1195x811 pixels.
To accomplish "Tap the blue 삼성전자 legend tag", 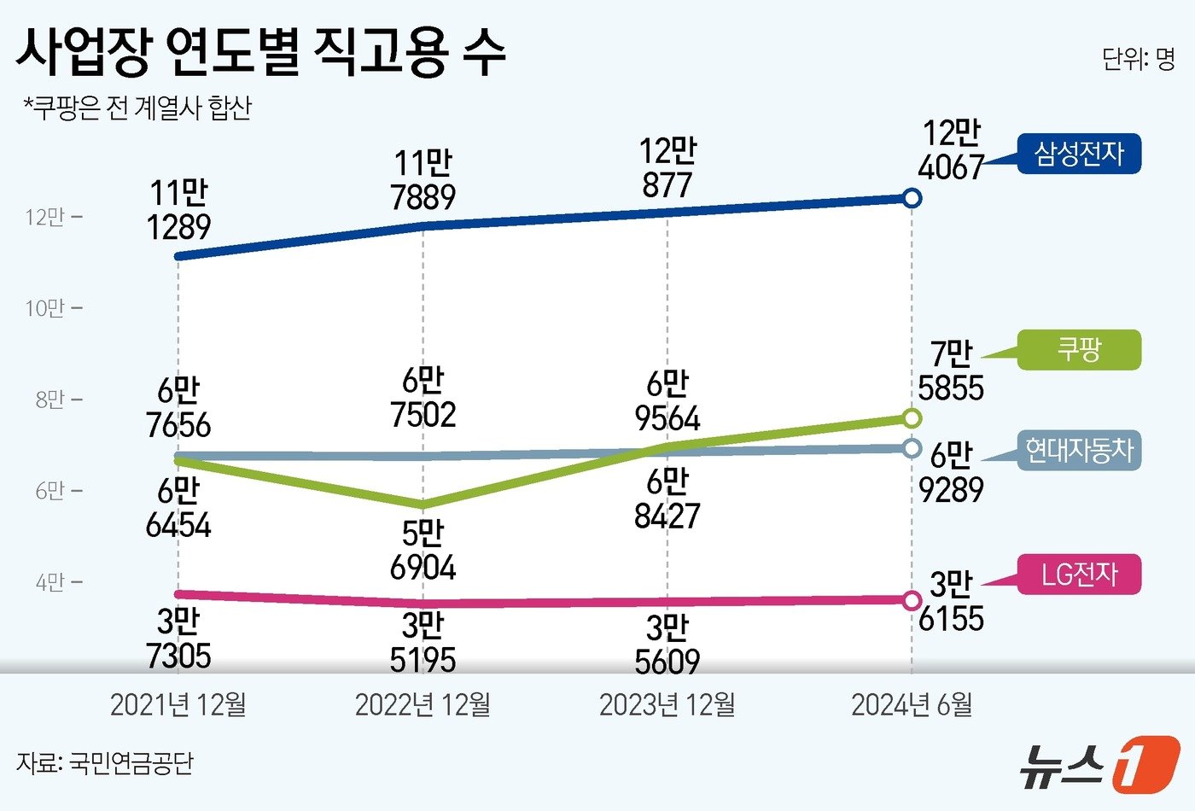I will pos(1079,154).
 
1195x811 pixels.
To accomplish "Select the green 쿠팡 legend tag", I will pos(1079,349).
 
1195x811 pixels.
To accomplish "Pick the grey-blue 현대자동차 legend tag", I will pos(1079,450).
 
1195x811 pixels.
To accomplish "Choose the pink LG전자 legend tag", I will pos(1079,575).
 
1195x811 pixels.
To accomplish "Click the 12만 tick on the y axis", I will pos(53,217).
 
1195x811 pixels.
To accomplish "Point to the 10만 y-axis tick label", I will pos(53,308).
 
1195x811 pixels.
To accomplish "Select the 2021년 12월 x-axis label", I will pos(178,705).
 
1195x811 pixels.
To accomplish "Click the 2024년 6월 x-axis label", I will pos(912,705).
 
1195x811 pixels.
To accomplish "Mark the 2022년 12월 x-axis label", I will pos(423,705).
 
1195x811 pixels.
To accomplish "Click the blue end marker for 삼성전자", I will pos(912,199).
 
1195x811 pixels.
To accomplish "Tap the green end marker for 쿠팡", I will pos(912,418).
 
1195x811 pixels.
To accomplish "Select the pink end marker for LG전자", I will pos(912,601).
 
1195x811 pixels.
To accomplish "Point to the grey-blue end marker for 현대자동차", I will pos(912,448).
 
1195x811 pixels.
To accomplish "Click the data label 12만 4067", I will pos(952,150).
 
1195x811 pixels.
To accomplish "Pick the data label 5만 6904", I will pos(423,551).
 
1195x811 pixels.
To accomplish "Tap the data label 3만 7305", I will pos(178,639).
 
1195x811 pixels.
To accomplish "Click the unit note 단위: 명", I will pos(1138,59).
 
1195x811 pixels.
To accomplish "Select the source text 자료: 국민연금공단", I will pos(105,762).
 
